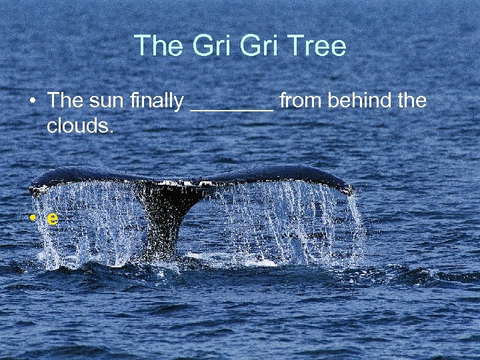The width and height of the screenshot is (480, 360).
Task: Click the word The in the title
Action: tap(157, 47)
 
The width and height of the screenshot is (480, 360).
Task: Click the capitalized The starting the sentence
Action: tap(65, 101)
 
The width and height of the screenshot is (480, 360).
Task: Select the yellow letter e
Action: tap(52, 219)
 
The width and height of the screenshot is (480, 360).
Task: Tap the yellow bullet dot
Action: tap(32, 219)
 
